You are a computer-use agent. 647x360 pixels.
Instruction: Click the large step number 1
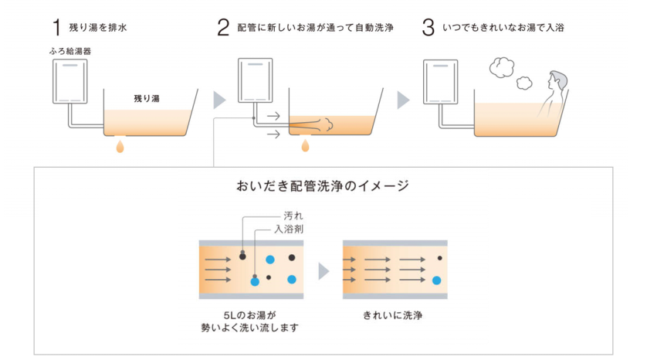(x=56, y=29)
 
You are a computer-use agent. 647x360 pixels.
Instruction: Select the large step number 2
(x=223, y=29)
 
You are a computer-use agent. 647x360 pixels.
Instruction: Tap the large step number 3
(x=429, y=29)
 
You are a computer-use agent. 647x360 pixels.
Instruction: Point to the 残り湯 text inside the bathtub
(x=146, y=99)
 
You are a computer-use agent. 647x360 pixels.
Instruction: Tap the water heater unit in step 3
(x=440, y=81)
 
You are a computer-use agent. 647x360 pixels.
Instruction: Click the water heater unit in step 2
(x=255, y=81)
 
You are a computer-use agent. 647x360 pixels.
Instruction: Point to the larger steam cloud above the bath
(x=504, y=67)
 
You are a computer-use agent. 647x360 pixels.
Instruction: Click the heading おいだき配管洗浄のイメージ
(x=323, y=186)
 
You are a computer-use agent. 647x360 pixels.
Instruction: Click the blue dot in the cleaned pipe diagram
(x=437, y=280)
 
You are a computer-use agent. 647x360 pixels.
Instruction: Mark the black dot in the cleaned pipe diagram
(x=439, y=258)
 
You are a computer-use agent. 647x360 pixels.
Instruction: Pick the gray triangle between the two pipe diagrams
(x=323, y=270)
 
